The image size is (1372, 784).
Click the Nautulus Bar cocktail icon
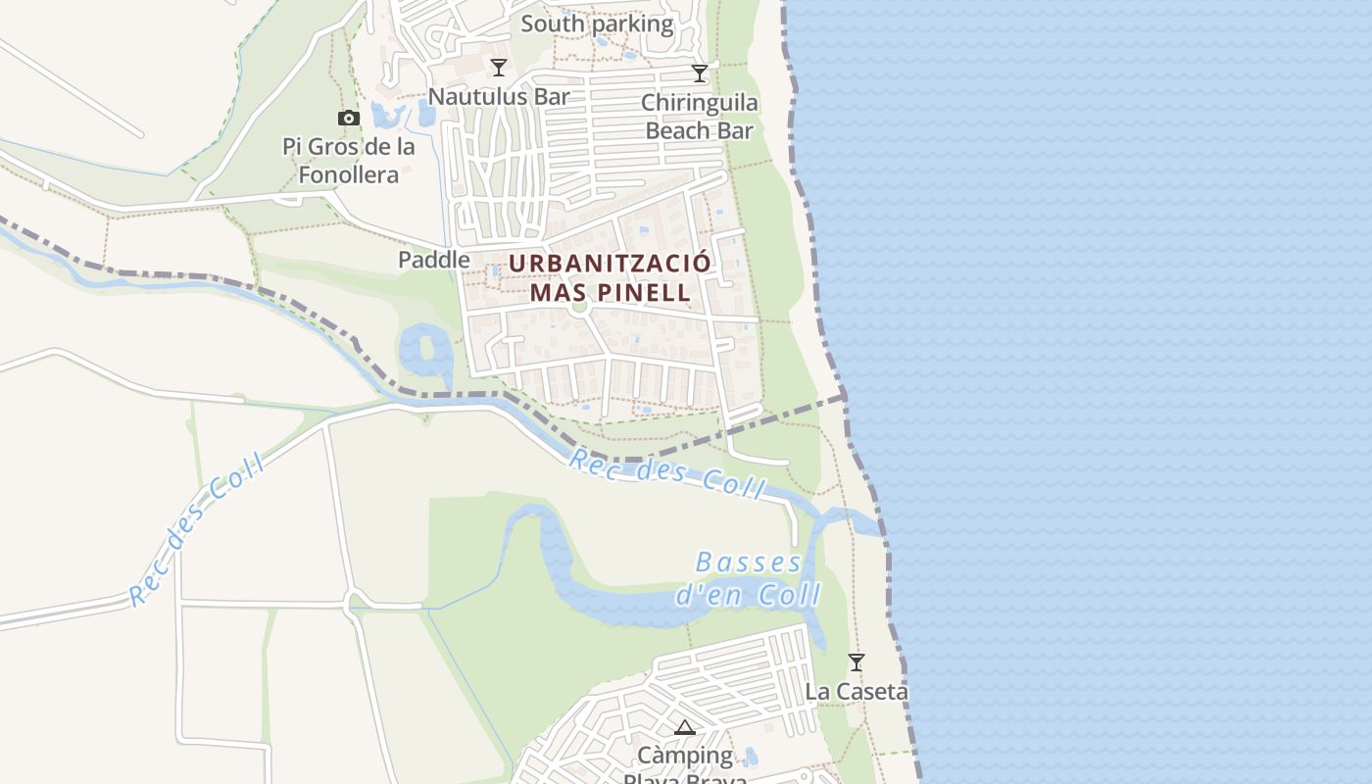(x=499, y=67)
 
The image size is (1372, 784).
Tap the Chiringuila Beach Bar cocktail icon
(x=700, y=73)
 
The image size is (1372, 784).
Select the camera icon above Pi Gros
(x=348, y=119)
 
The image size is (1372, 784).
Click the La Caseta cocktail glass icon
(x=856, y=662)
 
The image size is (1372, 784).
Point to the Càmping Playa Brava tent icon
(x=684, y=727)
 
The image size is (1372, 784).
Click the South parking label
(x=597, y=24)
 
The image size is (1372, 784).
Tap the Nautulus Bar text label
(x=499, y=96)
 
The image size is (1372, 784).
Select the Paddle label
(x=433, y=260)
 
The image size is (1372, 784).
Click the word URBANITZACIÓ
(x=610, y=264)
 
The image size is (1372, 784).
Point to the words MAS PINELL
(x=610, y=292)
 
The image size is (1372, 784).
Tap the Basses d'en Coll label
(x=748, y=578)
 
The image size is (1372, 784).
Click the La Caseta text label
(x=856, y=691)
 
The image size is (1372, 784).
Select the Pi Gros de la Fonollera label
(x=348, y=161)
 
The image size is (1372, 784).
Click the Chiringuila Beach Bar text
(x=700, y=117)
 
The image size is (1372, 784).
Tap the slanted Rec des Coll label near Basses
(x=666, y=473)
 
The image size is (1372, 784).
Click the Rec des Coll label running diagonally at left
(x=196, y=531)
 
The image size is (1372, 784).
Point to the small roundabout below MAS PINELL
(x=579, y=306)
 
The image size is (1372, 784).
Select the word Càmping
(x=685, y=756)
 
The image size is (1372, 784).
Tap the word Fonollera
(x=348, y=174)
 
